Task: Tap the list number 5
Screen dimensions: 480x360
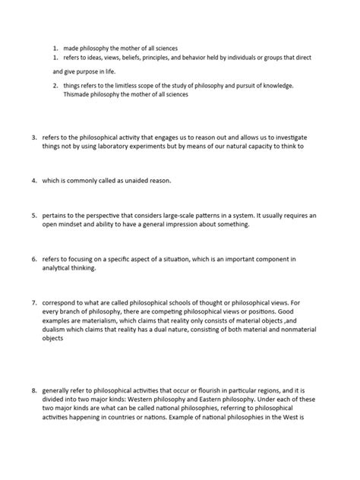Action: (33, 216)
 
